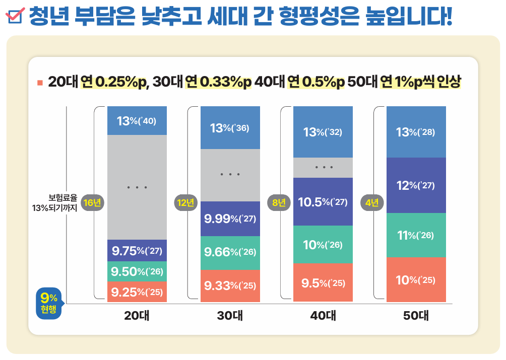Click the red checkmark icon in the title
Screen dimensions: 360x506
pyautogui.click(x=16, y=17)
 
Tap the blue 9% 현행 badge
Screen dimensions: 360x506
pyautogui.click(x=49, y=304)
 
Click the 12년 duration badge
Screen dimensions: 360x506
pyautogui.click(x=185, y=203)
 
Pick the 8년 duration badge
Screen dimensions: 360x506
pyautogui.click(x=279, y=203)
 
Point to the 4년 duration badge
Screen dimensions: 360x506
pyautogui.click(x=372, y=203)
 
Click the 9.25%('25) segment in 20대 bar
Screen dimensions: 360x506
pyautogui.click(x=137, y=292)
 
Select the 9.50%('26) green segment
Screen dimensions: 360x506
pyautogui.click(x=137, y=272)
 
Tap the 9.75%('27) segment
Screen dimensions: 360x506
pyautogui.click(x=137, y=251)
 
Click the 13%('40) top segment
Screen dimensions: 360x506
pyautogui.click(x=137, y=121)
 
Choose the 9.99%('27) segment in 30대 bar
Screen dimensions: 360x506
pyautogui.click(x=230, y=219)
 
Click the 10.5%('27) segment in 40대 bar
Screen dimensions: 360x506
pyautogui.click(x=323, y=202)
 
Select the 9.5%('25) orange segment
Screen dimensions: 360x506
pyautogui.click(x=323, y=283)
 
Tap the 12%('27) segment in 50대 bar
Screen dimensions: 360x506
pyautogui.click(x=416, y=185)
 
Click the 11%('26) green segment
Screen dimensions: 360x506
pyautogui.click(x=416, y=235)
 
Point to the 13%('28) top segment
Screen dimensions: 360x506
pyautogui.click(x=416, y=132)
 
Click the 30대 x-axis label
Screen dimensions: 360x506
pyautogui.click(x=230, y=316)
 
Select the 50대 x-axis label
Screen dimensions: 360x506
pyautogui.click(x=416, y=316)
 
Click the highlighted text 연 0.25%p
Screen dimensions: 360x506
pyautogui.click(x=113, y=82)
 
